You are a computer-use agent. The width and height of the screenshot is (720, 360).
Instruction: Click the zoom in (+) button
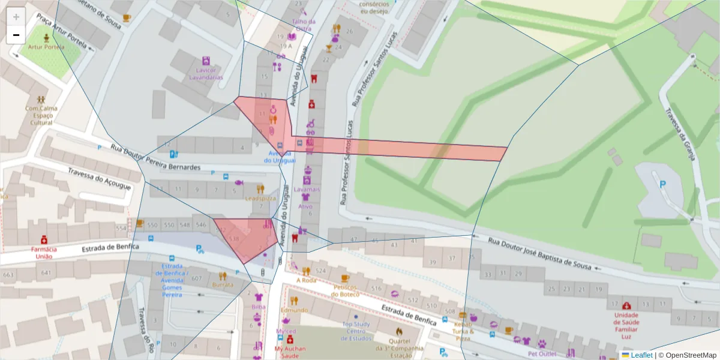[x=16, y=17]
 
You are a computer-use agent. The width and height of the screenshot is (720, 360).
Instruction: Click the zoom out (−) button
[x=16, y=35]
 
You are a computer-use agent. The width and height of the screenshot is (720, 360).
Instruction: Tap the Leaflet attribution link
[x=641, y=355]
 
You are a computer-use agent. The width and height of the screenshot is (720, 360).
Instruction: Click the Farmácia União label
[x=44, y=253]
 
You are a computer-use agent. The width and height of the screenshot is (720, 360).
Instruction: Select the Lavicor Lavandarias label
[x=206, y=74]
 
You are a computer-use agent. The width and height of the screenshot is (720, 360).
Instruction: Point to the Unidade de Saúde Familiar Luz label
[x=626, y=322]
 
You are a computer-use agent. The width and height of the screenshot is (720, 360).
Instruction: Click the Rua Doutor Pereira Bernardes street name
[x=155, y=158]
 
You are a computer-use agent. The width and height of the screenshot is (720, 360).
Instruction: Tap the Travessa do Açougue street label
[x=99, y=178]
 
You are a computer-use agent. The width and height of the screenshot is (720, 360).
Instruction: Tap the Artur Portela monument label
[x=45, y=46]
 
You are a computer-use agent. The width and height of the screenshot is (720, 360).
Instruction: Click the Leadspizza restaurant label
[x=260, y=198]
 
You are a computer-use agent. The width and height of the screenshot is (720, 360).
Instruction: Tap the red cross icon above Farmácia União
[x=44, y=239]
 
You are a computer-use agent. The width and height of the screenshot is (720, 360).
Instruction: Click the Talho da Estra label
[x=303, y=25]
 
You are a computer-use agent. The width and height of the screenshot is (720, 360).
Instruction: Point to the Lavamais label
[x=307, y=188]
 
